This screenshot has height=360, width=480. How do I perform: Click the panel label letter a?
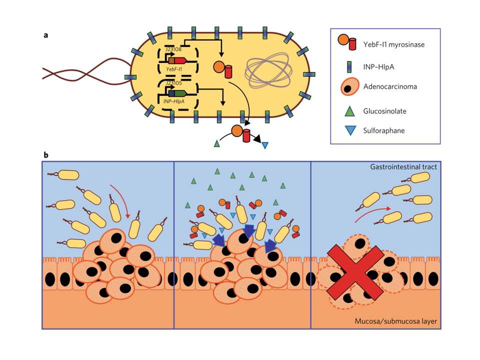46,35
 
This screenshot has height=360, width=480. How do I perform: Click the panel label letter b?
46,155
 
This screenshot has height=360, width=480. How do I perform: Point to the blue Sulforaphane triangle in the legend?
350,130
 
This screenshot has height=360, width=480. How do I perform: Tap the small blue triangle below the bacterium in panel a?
264,145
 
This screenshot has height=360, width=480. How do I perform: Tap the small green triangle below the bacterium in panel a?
217,144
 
